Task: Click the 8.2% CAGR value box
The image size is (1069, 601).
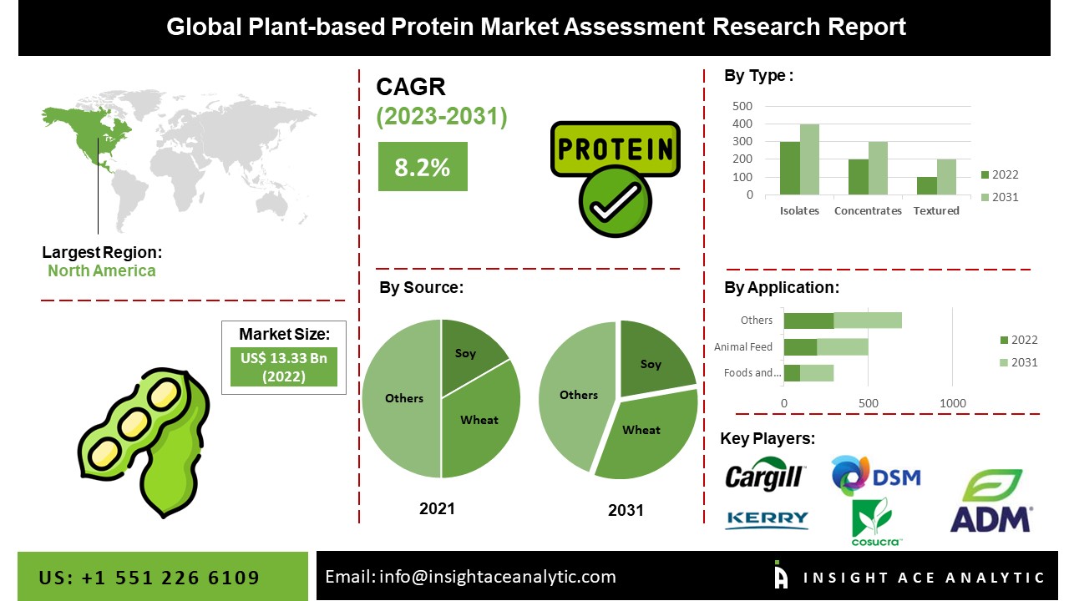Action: (422, 167)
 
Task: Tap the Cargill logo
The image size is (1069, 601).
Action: (764, 477)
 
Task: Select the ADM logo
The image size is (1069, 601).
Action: (990, 502)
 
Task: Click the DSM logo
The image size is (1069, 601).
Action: (875, 477)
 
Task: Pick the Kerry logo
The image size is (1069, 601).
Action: (767, 520)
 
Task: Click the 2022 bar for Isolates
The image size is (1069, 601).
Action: (789, 169)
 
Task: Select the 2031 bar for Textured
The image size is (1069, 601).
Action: (946, 177)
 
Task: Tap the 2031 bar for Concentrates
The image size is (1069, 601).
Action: (878, 169)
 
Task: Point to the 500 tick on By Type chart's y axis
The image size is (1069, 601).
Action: (742, 106)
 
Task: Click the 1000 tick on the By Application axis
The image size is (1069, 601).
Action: (953, 404)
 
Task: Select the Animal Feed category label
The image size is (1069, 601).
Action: (743, 347)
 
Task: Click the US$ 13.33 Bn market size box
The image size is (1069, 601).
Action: (283, 367)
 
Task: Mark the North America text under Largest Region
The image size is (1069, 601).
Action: (101, 271)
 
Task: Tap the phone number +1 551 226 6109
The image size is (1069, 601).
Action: (170, 578)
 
